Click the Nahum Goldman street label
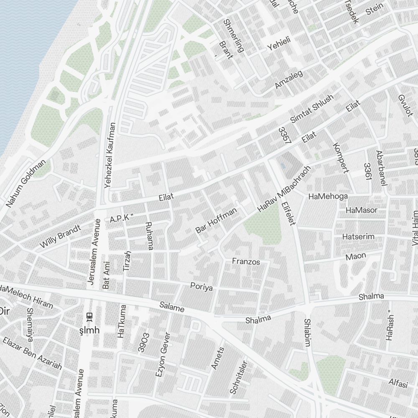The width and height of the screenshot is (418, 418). point(26,184)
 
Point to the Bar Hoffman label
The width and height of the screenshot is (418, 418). point(216,220)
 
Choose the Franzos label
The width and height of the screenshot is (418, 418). point(246,262)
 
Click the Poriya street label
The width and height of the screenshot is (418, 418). point(201,287)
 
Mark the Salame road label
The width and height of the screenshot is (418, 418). point(172,308)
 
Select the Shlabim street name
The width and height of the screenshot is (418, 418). point(308,333)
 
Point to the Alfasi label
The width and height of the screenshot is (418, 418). point(398,383)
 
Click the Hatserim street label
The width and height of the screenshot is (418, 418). point(358,237)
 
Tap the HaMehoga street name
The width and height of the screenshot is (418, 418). point(328,196)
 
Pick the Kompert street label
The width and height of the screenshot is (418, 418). point(340,158)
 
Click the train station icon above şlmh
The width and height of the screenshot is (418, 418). point(89,317)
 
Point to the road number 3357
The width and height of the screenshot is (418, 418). point(285,136)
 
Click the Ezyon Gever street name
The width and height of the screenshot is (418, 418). point(163,355)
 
